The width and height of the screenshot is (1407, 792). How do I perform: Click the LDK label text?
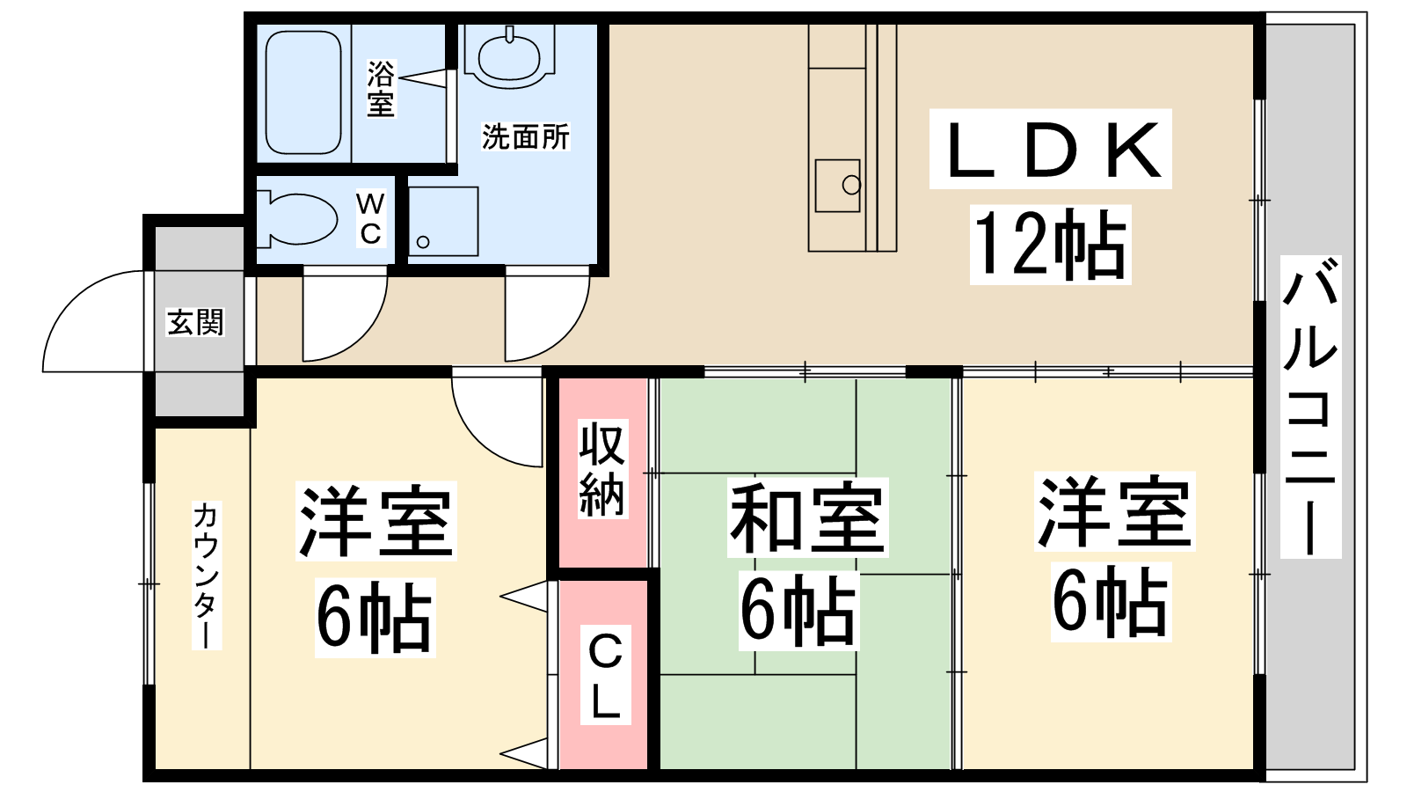1051,150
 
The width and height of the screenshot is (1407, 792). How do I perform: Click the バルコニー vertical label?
1310,407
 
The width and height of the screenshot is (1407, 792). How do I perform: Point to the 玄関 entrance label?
195,322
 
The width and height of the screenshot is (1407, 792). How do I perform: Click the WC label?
370,218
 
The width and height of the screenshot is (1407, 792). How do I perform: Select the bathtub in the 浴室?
303,92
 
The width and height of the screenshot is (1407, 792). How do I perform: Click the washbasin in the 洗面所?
509,56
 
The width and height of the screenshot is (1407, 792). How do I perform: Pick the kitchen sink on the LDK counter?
837,186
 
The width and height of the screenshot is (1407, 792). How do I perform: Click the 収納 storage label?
601,469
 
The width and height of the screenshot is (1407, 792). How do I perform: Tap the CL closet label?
605,675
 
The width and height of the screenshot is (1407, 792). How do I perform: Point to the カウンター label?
206,576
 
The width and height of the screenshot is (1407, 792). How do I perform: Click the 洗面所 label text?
525,136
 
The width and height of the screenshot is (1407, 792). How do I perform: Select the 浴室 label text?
381,89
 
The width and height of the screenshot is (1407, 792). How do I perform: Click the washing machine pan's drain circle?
423,242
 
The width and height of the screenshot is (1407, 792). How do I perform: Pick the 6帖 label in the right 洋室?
1110,601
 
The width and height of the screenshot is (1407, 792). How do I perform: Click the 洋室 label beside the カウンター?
375,520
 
